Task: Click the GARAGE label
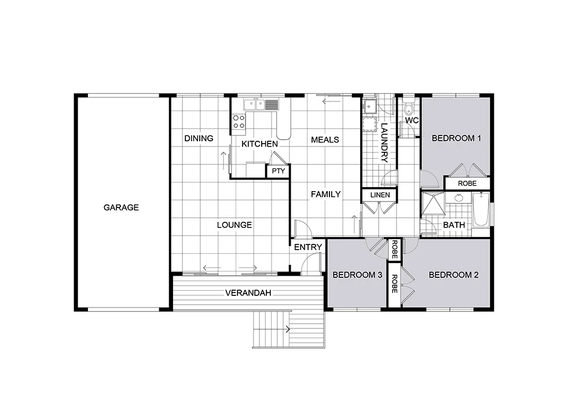coord(121,207)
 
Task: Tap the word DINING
coord(199,138)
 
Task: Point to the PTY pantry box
coord(278,171)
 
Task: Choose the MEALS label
coord(325,140)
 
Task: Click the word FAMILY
coord(325,195)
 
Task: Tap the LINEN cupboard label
coord(379,195)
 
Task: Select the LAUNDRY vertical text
coord(384,143)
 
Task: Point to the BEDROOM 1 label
coord(456,138)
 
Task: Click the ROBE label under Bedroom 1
coord(467,184)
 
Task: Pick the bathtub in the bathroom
coord(482,210)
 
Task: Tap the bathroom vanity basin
coord(458,198)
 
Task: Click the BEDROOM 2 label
coord(453,275)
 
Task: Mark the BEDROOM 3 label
coord(357,275)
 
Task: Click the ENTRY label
coord(307,247)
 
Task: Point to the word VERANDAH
coord(248,293)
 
